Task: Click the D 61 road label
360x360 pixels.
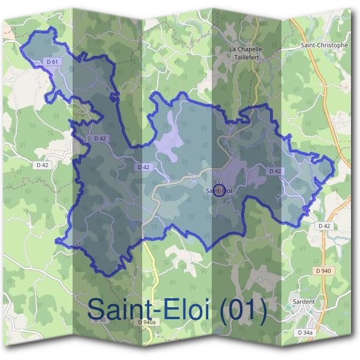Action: [52, 61]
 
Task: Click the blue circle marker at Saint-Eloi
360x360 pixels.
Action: [219, 190]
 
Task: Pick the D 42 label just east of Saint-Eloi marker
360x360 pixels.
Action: [275, 171]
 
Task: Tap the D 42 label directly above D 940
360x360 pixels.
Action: [324, 226]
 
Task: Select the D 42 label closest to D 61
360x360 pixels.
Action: [100, 139]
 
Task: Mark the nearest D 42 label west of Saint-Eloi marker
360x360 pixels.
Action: [143, 167]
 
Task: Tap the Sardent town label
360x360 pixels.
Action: [304, 302]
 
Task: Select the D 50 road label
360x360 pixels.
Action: [99, 320]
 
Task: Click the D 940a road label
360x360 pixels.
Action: [146, 323]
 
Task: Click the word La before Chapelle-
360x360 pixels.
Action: [234, 49]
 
